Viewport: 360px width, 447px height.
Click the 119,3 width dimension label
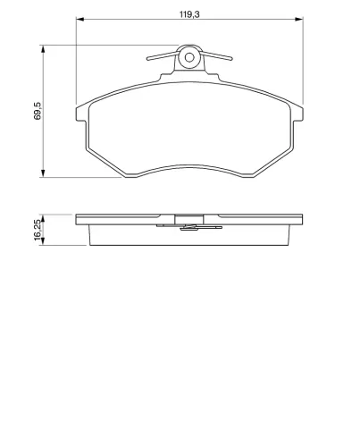click(x=189, y=14)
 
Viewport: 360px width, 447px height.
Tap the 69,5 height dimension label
click(x=38, y=111)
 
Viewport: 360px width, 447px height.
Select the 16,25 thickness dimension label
click(x=38, y=230)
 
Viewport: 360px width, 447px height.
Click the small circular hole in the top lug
click(x=189, y=57)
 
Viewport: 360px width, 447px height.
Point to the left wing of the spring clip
click(x=163, y=55)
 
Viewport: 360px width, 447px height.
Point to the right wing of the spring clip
click(x=217, y=55)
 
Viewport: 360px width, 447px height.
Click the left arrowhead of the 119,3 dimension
click(x=80, y=19)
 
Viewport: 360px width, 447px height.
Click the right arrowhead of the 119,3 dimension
click(x=299, y=19)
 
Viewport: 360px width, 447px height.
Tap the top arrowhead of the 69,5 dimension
click(x=43, y=49)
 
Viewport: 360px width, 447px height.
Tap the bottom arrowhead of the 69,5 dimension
click(x=43, y=173)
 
